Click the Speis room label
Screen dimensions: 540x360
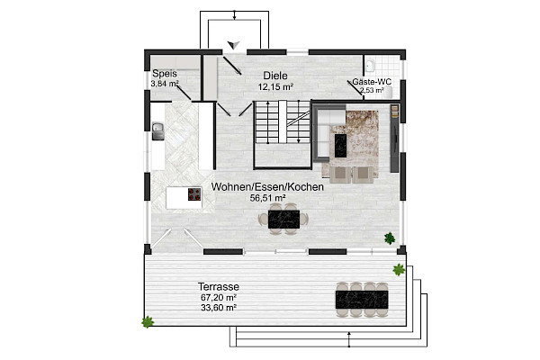(x=165, y=74)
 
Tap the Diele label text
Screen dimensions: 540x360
(x=275, y=76)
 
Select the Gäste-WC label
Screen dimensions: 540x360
(x=372, y=82)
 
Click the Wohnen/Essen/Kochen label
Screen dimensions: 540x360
(x=267, y=186)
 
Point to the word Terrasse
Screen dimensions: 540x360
(x=219, y=286)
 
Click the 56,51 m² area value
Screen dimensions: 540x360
(x=267, y=198)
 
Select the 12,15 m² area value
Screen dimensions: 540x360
(x=275, y=86)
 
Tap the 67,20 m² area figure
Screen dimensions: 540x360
(x=219, y=297)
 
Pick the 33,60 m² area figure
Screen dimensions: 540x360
(x=219, y=308)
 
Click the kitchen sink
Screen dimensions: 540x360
(x=158, y=131)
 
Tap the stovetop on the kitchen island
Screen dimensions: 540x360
(x=194, y=194)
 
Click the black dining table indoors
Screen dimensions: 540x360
(x=283, y=220)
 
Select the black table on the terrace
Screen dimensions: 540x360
(x=362, y=300)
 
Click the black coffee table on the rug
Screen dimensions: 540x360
(x=340, y=146)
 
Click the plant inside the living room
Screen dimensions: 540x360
(x=390, y=238)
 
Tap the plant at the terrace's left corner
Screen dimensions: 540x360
(x=148, y=322)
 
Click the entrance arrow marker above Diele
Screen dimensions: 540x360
(x=233, y=44)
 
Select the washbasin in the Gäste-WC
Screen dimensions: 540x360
(x=371, y=66)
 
